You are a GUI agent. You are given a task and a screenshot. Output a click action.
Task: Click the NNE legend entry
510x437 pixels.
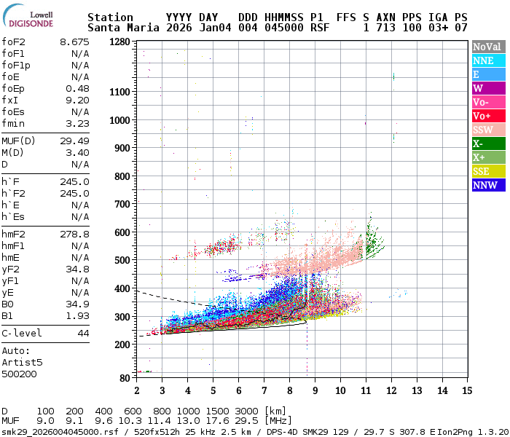click(488, 60)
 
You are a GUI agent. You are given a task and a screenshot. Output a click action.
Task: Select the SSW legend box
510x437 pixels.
click(488, 130)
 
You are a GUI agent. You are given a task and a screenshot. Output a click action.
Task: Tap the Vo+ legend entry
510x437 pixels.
click(488, 116)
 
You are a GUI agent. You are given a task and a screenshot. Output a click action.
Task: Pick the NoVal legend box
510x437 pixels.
click(488, 47)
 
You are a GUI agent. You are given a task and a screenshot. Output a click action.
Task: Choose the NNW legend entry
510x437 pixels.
click(488, 185)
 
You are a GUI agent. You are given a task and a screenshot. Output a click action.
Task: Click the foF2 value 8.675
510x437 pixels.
click(74, 42)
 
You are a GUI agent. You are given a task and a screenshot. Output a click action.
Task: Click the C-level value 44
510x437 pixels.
click(83, 333)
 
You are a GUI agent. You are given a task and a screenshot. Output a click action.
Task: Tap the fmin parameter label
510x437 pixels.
click(14, 123)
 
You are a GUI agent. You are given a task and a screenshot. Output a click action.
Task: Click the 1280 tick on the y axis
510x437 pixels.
click(119, 42)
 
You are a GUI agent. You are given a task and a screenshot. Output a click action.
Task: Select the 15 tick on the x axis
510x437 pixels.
click(466, 391)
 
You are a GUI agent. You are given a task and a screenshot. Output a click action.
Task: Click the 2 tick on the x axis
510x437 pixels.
click(137, 391)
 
